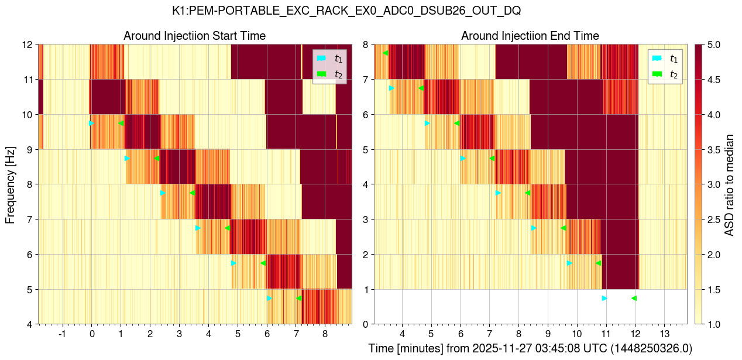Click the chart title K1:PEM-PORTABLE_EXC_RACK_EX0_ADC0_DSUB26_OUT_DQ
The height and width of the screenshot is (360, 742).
click(x=346, y=11)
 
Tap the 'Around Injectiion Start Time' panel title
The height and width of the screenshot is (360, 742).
click(x=194, y=36)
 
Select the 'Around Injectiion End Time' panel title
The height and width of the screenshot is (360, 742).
click(x=530, y=36)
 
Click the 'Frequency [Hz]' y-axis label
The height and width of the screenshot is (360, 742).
click(x=10, y=184)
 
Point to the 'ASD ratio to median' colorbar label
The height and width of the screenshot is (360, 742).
click(x=729, y=184)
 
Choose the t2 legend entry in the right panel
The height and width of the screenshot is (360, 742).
click(x=664, y=74)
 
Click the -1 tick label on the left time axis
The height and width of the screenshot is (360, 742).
click(x=62, y=333)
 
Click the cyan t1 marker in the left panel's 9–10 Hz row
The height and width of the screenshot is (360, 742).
click(x=91, y=123)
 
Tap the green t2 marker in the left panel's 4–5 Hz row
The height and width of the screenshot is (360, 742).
click(x=299, y=298)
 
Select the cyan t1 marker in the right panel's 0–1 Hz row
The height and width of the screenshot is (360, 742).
click(x=604, y=298)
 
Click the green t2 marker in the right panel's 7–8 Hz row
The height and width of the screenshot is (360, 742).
click(x=385, y=53)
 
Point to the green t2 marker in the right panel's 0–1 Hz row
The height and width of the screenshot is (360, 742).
click(x=634, y=298)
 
